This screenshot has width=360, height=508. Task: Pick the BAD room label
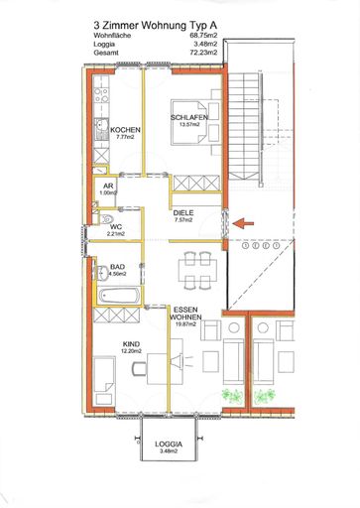116,267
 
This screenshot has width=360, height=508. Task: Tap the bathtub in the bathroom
117,295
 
